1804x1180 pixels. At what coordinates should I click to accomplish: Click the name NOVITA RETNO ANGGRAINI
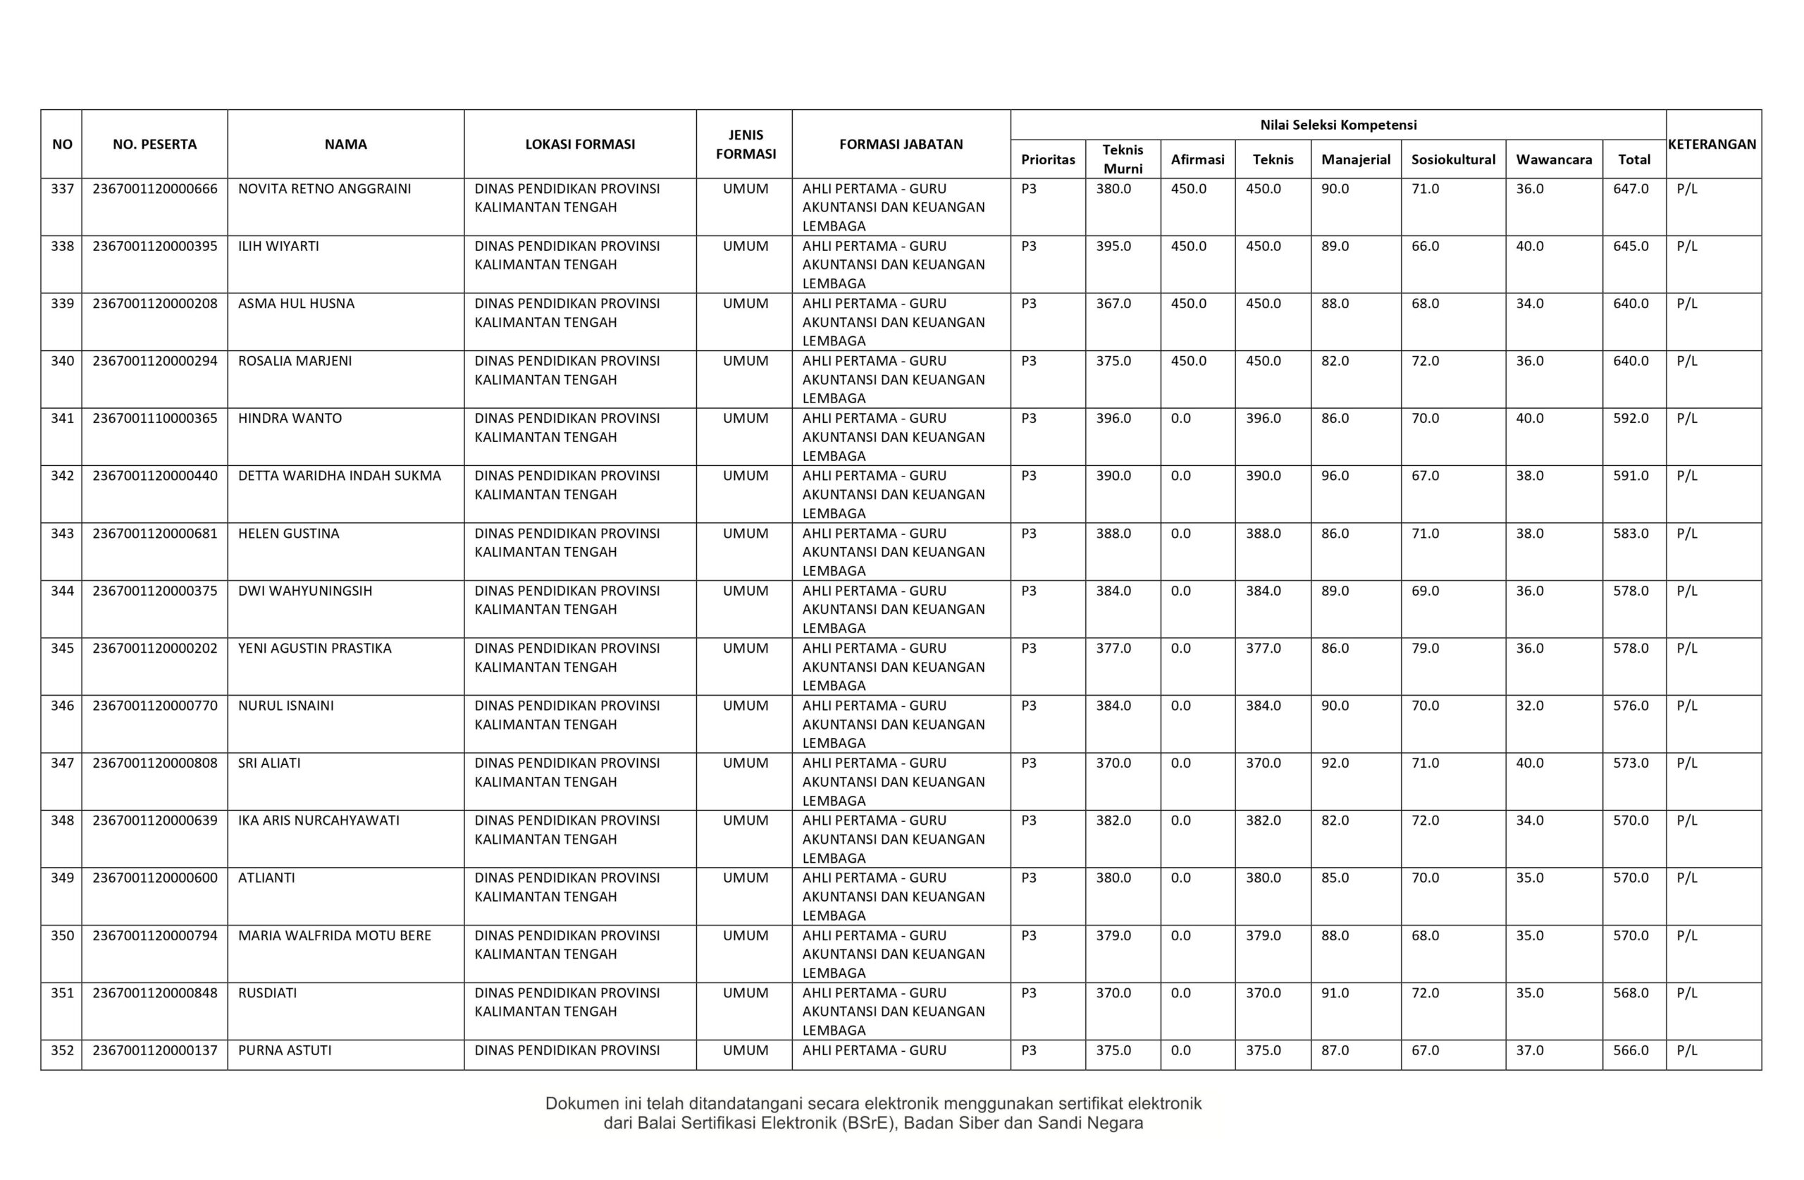324,189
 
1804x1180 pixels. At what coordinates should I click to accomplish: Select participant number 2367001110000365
154,418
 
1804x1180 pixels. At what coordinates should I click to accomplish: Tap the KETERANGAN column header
1712,144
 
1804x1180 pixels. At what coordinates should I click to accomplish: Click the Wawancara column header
1554,159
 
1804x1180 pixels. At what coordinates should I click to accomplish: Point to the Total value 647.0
1631,189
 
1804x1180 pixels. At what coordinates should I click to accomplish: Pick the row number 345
62,649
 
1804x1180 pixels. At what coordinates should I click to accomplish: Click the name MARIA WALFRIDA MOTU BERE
334,936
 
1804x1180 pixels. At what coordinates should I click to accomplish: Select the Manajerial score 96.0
1335,476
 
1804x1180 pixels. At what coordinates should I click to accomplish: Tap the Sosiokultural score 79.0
1425,649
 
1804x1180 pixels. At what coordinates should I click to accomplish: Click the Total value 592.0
1631,418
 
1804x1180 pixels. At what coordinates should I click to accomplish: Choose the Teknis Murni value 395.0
1113,247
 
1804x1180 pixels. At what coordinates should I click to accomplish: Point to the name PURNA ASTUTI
285,1050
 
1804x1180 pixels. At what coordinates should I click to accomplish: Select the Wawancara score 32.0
1530,706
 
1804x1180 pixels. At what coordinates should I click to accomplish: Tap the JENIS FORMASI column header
746,144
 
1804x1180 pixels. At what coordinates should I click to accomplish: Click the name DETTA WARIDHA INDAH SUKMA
340,476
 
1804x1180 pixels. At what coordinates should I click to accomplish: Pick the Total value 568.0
1631,992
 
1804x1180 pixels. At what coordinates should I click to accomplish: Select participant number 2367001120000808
154,763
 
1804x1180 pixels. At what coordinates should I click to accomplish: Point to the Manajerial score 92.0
1335,763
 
